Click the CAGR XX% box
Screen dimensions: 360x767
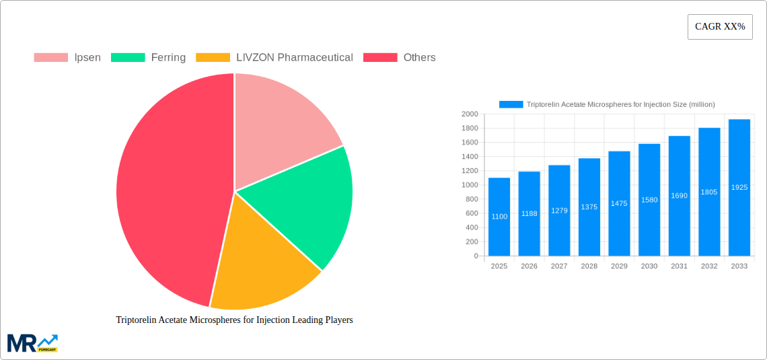720,27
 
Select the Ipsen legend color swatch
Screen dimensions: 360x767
50,58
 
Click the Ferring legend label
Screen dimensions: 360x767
168,58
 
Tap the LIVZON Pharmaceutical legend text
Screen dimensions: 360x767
295,58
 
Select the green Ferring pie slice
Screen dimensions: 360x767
303,202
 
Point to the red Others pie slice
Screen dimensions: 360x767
168,195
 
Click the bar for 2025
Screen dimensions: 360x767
499,217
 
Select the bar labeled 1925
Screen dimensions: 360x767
739,188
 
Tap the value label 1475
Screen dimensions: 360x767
619,203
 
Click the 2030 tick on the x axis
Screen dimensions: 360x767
649,266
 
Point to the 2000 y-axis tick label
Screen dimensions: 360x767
470,114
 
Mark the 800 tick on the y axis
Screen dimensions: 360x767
471,199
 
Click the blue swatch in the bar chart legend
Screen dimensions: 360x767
511,104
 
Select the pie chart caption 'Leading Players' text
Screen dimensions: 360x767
234,320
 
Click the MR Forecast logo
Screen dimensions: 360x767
32,343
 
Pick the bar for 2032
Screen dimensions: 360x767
709,192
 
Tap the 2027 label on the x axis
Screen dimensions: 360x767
559,266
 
